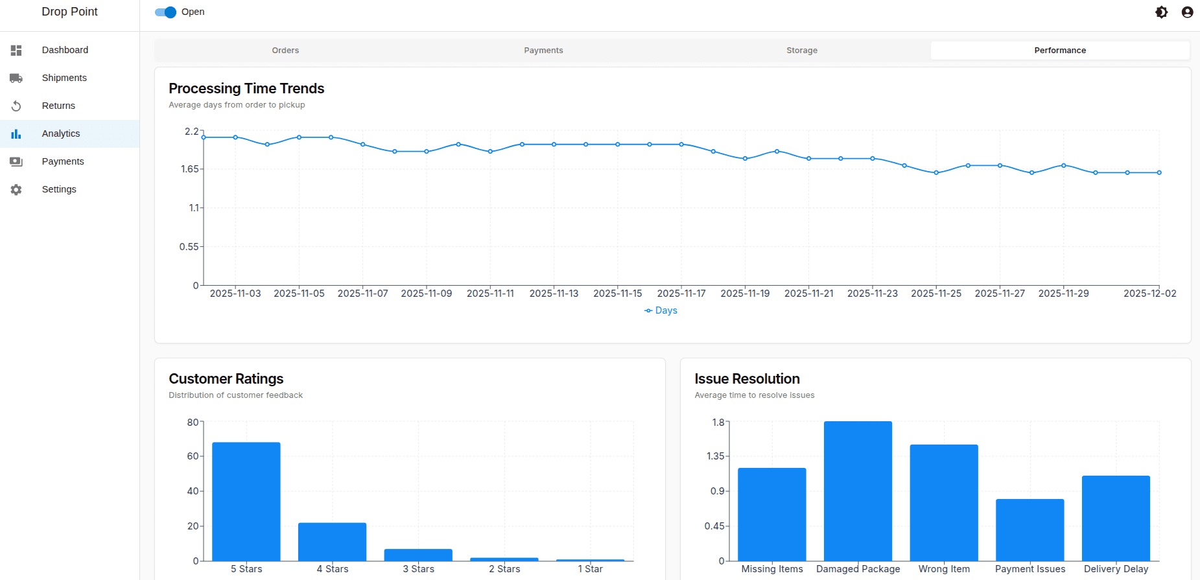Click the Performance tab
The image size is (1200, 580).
(1060, 51)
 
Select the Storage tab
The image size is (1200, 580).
(802, 51)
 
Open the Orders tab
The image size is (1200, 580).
(285, 51)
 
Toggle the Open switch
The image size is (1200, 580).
(166, 12)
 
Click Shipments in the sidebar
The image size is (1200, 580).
(64, 78)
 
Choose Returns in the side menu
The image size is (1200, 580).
(58, 106)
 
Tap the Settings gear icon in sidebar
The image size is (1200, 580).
(16, 189)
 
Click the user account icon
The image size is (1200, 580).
(1187, 12)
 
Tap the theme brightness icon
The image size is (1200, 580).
(1161, 12)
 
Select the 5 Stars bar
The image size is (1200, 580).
(246, 502)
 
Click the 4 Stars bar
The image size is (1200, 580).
(332, 542)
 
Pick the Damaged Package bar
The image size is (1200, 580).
(858, 491)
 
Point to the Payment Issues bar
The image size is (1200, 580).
(1030, 530)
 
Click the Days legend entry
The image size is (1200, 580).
(661, 310)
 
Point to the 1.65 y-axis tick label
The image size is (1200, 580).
(190, 169)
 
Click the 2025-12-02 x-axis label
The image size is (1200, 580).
(1149, 294)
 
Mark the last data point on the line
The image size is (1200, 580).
(1159, 172)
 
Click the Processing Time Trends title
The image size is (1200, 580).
(246, 88)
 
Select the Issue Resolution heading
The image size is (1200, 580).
(747, 378)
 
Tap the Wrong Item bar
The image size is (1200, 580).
(944, 503)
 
